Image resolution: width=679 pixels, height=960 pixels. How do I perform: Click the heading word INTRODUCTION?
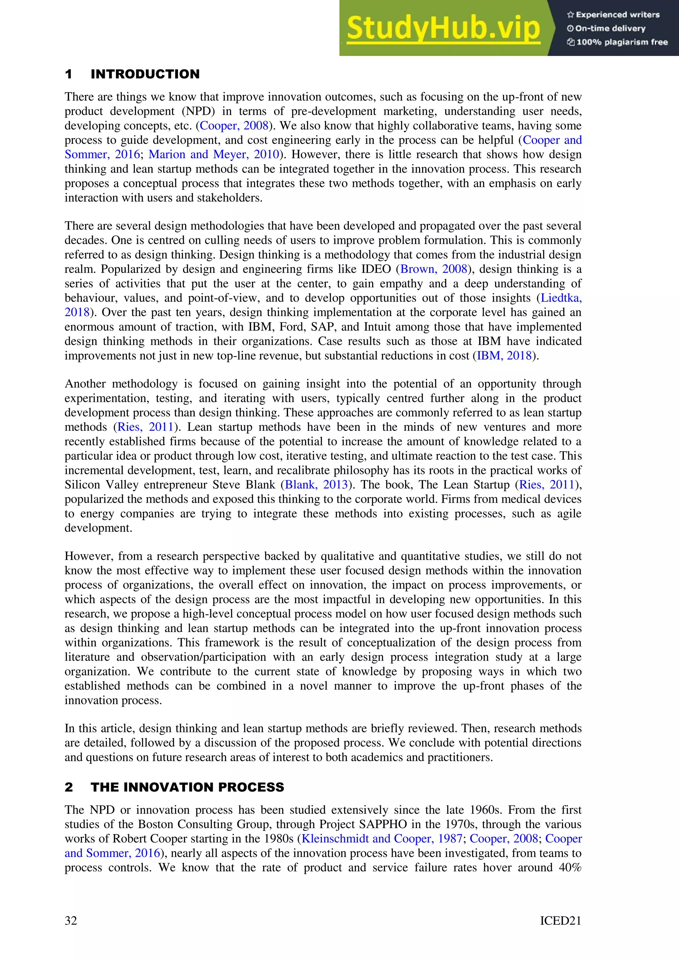click(x=145, y=75)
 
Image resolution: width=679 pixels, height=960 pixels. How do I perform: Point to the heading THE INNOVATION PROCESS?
click(x=187, y=787)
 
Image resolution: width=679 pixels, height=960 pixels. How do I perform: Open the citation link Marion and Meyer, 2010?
click(x=214, y=154)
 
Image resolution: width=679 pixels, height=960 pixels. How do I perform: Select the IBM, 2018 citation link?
click(x=504, y=356)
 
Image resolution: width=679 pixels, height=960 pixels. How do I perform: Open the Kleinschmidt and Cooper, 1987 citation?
click(x=382, y=838)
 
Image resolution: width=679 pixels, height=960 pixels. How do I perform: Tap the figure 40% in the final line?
click(x=570, y=867)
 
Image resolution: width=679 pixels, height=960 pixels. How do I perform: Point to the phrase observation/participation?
click(x=203, y=657)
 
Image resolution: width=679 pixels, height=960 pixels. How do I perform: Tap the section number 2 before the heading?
click(x=69, y=787)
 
